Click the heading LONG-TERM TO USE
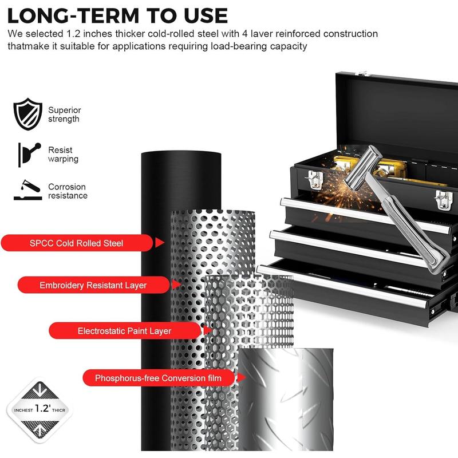tap(117, 15)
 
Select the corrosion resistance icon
tap(27, 191)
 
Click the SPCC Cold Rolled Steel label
tap(77, 243)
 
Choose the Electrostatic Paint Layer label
tap(124, 331)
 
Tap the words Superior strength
tap(64, 114)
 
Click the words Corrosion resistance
tap(67, 191)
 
